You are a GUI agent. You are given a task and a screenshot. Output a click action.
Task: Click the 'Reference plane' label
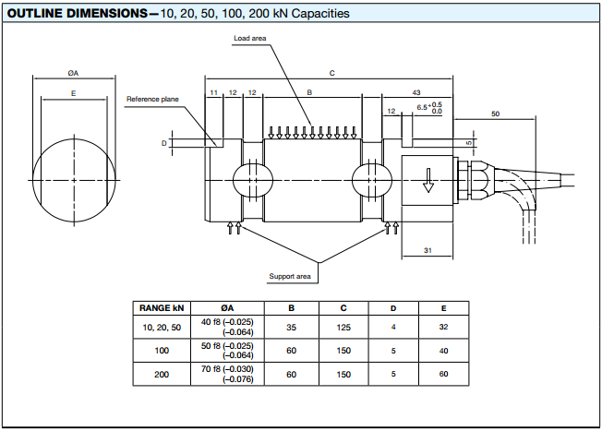point(152,99)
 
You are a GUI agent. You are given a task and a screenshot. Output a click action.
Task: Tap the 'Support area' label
point(290,276)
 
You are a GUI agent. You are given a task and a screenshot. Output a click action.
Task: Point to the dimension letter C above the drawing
point(331,72)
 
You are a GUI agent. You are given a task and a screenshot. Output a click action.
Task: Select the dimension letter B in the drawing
point(309,92)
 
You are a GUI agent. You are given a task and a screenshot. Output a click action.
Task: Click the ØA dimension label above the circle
point(73,72)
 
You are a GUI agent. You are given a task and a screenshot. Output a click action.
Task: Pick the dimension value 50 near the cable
point(495,114)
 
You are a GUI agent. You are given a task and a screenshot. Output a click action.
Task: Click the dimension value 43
point(416,92)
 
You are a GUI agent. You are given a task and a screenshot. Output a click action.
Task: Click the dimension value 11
point(213,92)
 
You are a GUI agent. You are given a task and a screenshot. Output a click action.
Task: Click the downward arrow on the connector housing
point(427,181)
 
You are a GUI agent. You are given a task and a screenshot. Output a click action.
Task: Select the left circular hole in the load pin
point(252,177)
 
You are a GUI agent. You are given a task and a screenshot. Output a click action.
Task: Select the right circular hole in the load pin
point(371,177)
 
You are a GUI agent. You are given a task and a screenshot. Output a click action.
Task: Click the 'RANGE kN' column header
point(163,308)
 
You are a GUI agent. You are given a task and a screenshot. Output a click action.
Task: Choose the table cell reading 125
point(343,326)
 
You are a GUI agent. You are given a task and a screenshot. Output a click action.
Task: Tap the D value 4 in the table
point(393,326)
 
